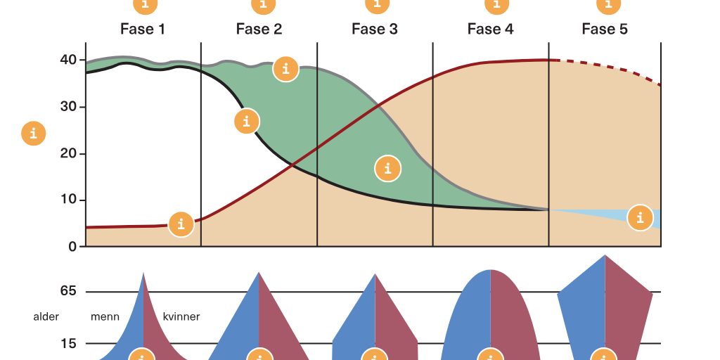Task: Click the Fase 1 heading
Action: click(x=142, y=30)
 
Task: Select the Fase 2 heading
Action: click(x=259, y=30)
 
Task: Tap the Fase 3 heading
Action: click(x=375, y=30)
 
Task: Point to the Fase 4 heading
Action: click(x=490, y=30)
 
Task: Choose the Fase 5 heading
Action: click(x=605, y=30)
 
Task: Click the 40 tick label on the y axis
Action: click(x=68, y=60)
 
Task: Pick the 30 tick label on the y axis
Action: click(x=68, y=107)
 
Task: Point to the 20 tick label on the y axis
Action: click(x=68, y=153)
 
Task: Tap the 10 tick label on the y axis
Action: click(x=68, y=200)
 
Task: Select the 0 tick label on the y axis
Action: click(x=72, y=247)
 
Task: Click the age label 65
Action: click(x=68, y=291)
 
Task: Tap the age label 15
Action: click(x=68, y=343)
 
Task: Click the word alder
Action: click(x=46, y=317)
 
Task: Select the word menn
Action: click(x=105, y=317)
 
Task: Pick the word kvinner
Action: click(x=181, y=317)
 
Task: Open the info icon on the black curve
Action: click(x=247, y=121)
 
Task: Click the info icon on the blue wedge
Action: click(x=640, y=218)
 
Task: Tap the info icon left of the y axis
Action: click(x=34, y=134)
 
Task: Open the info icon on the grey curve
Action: click(x=286, y=69)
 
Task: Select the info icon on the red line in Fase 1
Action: click(x=181, y=224)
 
